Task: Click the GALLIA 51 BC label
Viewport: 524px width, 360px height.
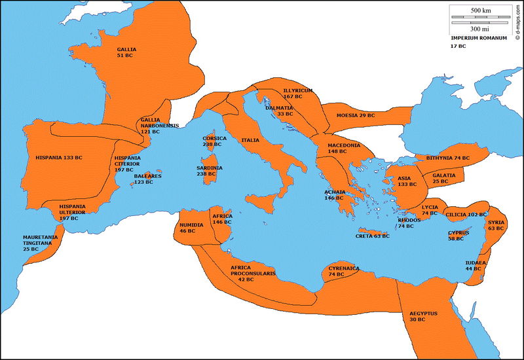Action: coord(126,53)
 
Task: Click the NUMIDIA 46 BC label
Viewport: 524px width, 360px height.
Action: coord(192,227)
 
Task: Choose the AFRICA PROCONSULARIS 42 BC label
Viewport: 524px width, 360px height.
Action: coord(253,272)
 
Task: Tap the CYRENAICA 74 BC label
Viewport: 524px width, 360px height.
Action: coord(344,271)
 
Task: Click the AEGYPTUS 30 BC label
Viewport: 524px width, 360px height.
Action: coord(423,317)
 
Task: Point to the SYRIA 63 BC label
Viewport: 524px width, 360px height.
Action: coord(496,225)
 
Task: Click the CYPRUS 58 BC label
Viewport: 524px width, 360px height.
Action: coord(458,236)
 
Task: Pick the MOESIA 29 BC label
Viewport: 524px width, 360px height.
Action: coord(356,115)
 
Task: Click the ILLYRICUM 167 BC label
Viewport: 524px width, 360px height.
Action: coord(298,93)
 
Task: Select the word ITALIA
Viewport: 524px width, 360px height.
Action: coord(250,140)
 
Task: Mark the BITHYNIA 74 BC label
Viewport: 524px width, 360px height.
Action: coord(448,158)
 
